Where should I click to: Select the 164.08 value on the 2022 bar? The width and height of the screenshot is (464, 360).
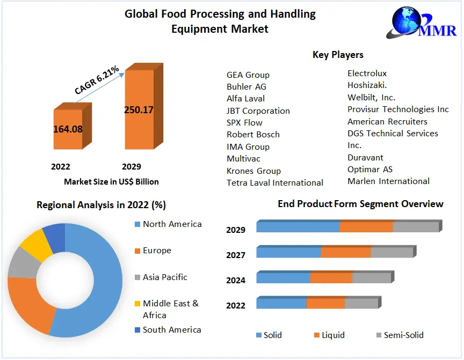pos(68,129)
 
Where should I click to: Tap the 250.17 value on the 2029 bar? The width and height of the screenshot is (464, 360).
pos(139,110)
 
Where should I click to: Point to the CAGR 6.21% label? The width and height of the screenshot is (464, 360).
pos(97,81)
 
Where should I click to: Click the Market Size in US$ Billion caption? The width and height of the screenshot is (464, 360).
pos(111,181)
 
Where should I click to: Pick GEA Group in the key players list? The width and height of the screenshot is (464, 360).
pos(248,75)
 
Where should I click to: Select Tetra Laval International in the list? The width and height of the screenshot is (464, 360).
pos(275,183)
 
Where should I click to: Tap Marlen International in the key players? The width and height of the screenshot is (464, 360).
pos(388,181)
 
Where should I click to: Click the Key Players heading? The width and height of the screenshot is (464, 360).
pos(338,55)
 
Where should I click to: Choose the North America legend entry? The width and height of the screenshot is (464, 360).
pos(172,224)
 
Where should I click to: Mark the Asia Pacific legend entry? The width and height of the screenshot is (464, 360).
pos(165,277)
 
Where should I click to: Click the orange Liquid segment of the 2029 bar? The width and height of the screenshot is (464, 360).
pos(366,227)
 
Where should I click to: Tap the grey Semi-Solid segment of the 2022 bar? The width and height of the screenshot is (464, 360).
pos(361,303)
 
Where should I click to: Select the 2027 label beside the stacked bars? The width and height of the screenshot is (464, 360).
pos(236,255)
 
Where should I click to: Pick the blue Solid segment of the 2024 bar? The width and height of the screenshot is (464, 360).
pos(283,278)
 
